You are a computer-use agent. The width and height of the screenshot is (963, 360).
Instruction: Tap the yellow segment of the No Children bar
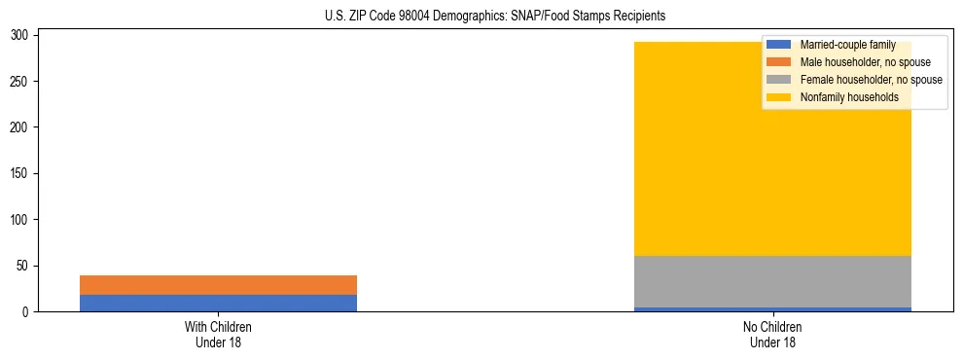coord(772,175)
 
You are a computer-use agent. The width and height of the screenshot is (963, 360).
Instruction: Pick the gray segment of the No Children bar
coord(772,281)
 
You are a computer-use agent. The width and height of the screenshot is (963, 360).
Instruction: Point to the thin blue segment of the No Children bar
coord(772,309)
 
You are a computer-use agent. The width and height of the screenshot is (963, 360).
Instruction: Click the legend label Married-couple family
coord(847,45)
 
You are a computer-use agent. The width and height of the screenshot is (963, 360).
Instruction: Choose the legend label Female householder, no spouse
coord(871,80)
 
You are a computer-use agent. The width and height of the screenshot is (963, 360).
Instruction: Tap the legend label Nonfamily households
coord(842,97)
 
